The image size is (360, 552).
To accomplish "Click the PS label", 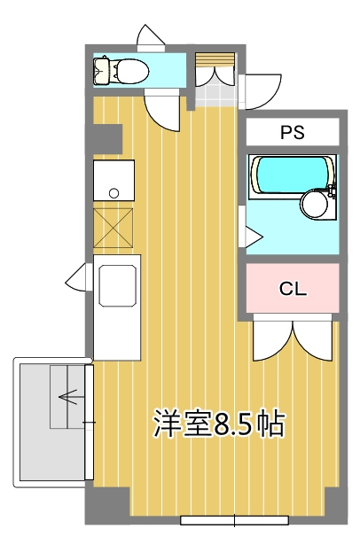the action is (x=292, y=132).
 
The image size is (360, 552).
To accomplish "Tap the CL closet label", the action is (x=293, y=289).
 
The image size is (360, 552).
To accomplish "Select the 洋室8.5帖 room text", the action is (x=218, y=423).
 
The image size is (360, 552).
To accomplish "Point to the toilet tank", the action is (x=102, y=71).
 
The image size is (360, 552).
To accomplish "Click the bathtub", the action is (x=292, y=175).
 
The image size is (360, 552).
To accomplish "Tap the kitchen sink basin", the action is (x=118, y=285).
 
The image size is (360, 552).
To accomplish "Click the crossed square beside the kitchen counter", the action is (x=113, y=228).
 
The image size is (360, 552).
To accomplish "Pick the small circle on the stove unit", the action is (x=113, y=193).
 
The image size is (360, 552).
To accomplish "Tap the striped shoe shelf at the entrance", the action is (x=215, y=59).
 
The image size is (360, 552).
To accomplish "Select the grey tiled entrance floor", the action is (x=215, y=95).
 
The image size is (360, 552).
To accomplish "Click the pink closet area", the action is (x=293, y=288).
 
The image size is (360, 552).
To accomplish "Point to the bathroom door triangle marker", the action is (x=254, y=237).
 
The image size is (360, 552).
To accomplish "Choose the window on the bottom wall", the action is (x=234, y=520).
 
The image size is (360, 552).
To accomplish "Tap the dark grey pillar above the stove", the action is (x=107, y=139).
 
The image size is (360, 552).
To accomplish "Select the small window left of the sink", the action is (x=79, y=276).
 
